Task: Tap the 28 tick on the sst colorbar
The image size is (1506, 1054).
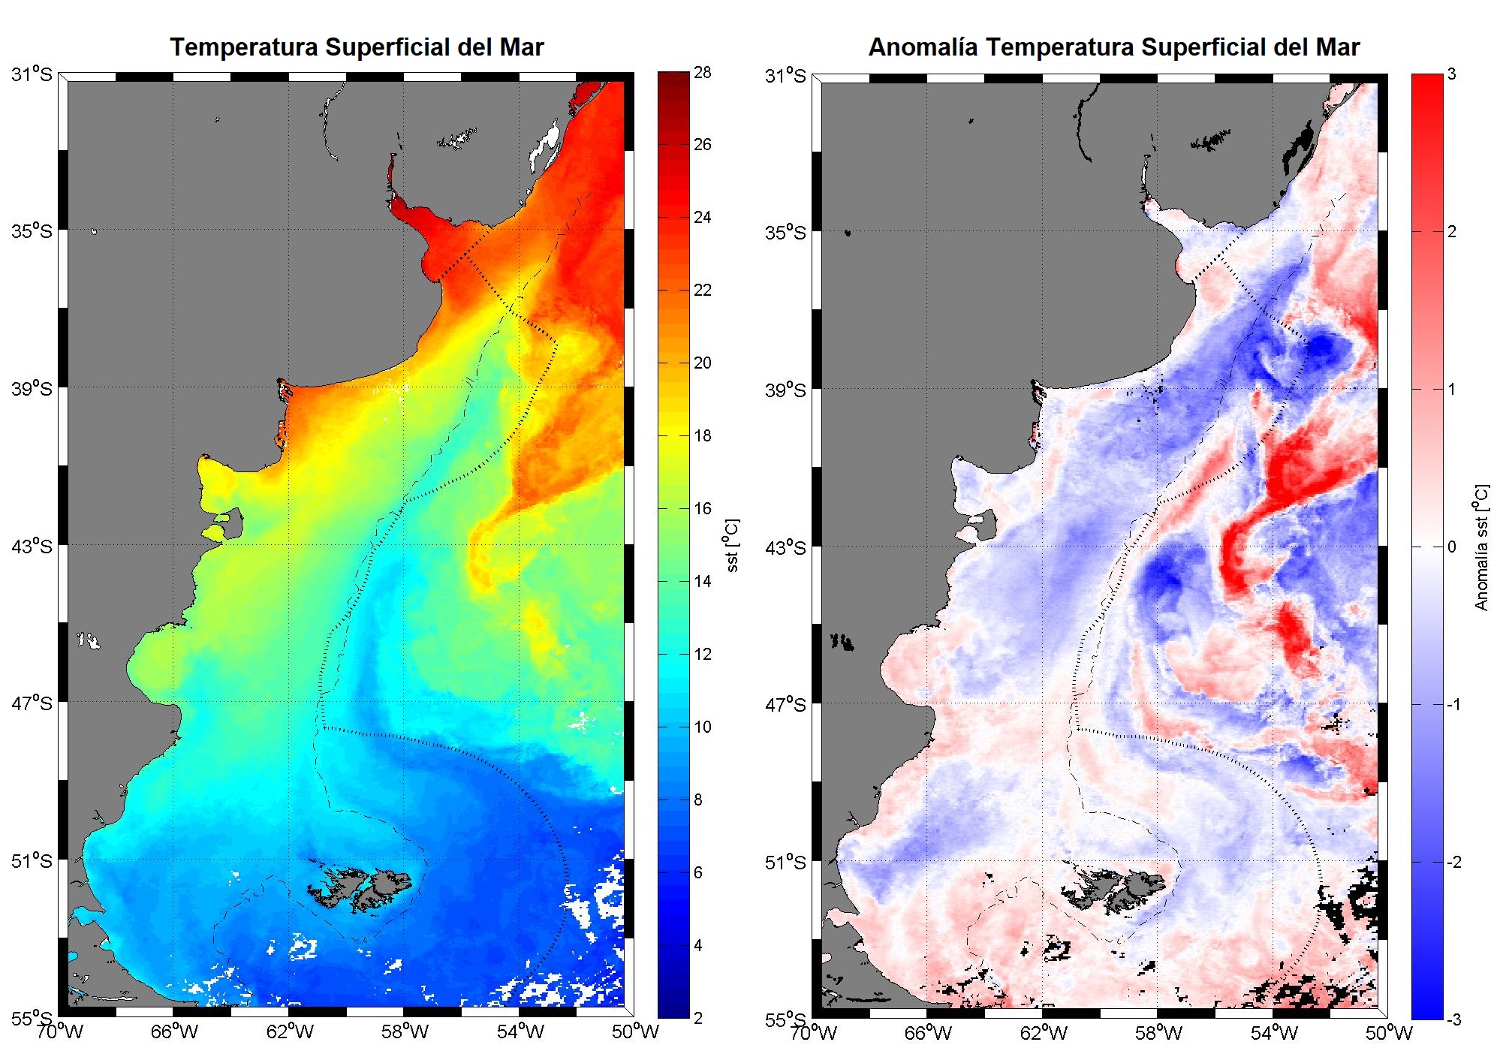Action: point(702,73)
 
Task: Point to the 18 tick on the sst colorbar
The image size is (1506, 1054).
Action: point(702,435)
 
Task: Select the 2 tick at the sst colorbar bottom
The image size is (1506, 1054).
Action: point(698,1018)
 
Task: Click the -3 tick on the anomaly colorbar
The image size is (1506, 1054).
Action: point(1454,1019)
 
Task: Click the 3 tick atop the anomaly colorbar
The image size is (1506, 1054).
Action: point(1451,74)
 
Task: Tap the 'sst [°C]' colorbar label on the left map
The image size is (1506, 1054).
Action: point(733,545)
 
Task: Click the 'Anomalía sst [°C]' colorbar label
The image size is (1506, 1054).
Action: point(1481,547)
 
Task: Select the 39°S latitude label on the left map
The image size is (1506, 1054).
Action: point(32,388)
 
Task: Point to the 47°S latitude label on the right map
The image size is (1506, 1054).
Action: point(785,705)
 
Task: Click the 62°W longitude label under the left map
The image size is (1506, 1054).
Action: point(290,1031)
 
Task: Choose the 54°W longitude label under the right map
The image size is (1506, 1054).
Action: point(1274,1033)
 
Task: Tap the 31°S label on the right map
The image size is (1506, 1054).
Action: point(785,76)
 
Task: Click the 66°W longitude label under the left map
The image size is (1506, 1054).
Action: point(174,1031)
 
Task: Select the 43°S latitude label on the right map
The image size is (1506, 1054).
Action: point(785,547)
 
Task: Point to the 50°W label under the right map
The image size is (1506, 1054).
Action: point(1388,1033)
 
